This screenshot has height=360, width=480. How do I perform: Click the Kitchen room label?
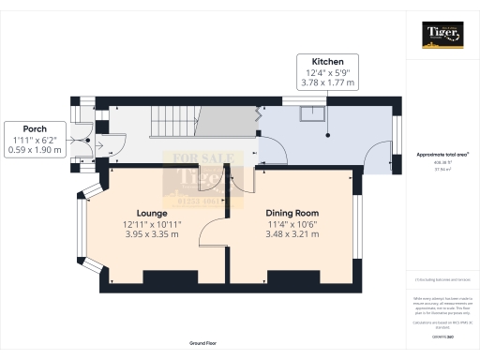[x=314, y=60]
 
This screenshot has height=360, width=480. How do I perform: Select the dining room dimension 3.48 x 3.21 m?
[x=292, y=234]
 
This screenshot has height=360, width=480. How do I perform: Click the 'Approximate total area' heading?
[x=443, y=154]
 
